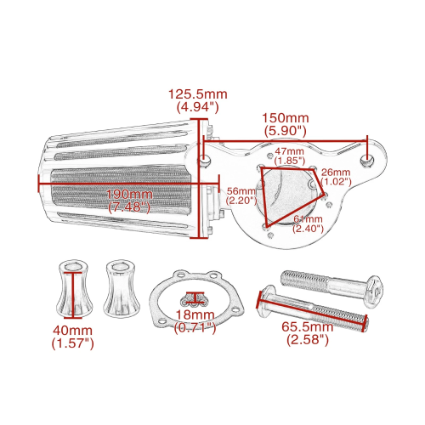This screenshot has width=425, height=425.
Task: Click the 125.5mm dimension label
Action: [x=198, y=94]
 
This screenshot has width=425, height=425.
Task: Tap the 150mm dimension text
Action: [x=285, y=118]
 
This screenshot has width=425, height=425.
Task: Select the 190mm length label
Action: [x=129, y=195]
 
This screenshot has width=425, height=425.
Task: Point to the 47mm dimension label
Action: [x=289, y=151]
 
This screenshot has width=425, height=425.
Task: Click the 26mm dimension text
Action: [x=336, y=172]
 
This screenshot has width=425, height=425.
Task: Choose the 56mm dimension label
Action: [x=241, y=191]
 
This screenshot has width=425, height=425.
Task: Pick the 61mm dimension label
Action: [x=308, y=219]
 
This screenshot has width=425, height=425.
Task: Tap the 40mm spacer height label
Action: [x=72, y=331]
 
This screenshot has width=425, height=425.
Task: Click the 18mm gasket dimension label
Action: [x=195, y=314]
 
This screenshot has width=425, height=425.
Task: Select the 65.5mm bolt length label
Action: [x=307, y=326]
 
